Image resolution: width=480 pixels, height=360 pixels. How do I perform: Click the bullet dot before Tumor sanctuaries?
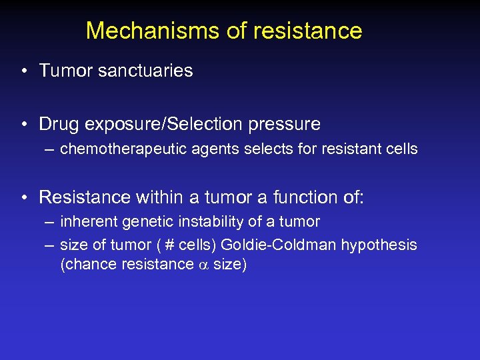[23, 71]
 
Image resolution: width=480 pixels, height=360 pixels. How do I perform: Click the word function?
[288, 197]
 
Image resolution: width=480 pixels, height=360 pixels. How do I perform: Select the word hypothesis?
[379, 245]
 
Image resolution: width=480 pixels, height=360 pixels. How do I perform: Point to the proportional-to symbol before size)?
[203, 265]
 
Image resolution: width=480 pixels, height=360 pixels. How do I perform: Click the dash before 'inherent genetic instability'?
[49, 221]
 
